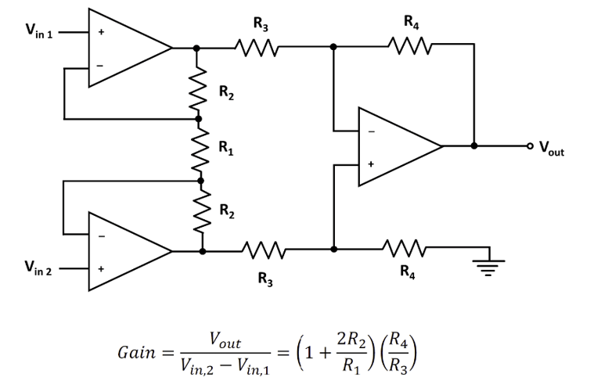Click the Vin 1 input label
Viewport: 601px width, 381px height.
click(x=38, y=34)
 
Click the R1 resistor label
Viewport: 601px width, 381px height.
click(x=225, y=146)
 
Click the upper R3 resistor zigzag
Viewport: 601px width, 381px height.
click(x=255, y=48)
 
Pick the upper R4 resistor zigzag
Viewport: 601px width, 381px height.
click(x=409, y=48)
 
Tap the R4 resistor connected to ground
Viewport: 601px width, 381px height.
click(x=409, y=250)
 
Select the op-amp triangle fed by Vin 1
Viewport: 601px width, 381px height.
click(x=125, y=48)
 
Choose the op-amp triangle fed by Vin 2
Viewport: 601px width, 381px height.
click(x=125, y=251)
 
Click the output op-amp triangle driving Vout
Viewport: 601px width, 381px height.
click(x=395, y=146)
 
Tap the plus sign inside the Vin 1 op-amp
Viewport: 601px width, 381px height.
click(x=99, y=33)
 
